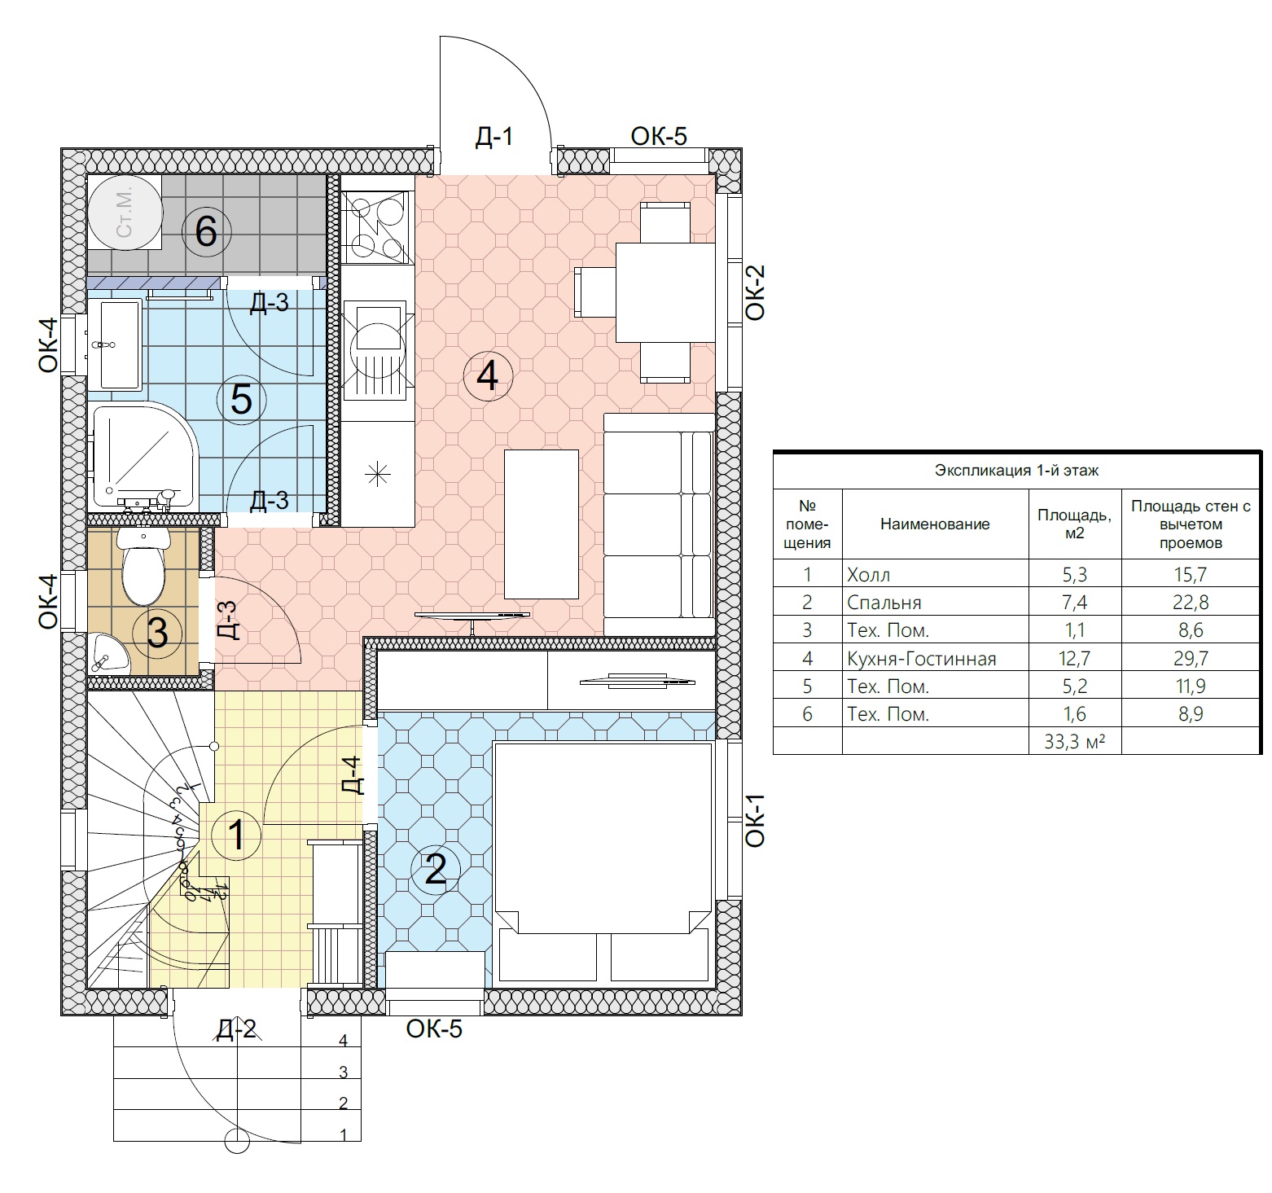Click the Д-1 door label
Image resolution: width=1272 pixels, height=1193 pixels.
coord(494,136)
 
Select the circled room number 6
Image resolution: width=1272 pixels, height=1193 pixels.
coord(206,232)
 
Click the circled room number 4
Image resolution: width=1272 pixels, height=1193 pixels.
coord(487,375)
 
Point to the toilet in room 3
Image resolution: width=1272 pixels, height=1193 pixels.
coord(143,565)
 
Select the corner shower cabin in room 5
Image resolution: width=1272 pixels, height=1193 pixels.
coord(143,458)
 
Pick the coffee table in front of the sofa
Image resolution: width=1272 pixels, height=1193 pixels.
coord(542,524)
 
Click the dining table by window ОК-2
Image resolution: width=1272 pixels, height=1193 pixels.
coord(665,292)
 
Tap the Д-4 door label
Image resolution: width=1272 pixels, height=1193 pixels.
coord(351,775)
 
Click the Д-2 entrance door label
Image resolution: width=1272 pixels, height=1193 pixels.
coord(237,1030)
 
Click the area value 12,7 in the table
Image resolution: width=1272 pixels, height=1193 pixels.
coord(1074,658)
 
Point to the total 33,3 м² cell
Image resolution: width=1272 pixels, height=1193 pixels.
coord(1074,741)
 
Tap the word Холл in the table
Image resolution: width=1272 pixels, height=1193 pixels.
coord(869,575)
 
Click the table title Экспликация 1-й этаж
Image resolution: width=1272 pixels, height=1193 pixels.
coord(1016,471)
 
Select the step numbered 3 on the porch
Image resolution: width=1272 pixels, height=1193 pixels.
coord(344,1072)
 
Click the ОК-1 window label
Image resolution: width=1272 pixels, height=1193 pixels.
coord(755,820)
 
